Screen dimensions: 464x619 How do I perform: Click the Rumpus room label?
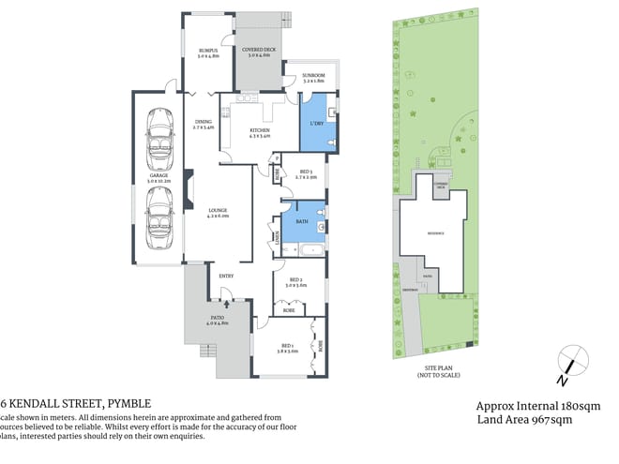tap(208, 52)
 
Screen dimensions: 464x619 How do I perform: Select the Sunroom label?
tap(313, 79)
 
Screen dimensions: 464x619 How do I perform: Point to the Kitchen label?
tap(260, 133)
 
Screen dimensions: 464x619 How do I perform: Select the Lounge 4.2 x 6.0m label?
tap(219, 213)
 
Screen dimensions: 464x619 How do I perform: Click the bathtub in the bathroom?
tap(308, 250)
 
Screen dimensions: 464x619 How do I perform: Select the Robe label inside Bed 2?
tap(289, 308)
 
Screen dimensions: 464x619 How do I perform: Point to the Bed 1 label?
tap(286, 348)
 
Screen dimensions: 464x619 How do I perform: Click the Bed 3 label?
tap(306, 173)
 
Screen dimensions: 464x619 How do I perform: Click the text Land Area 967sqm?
tap(522, 420)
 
